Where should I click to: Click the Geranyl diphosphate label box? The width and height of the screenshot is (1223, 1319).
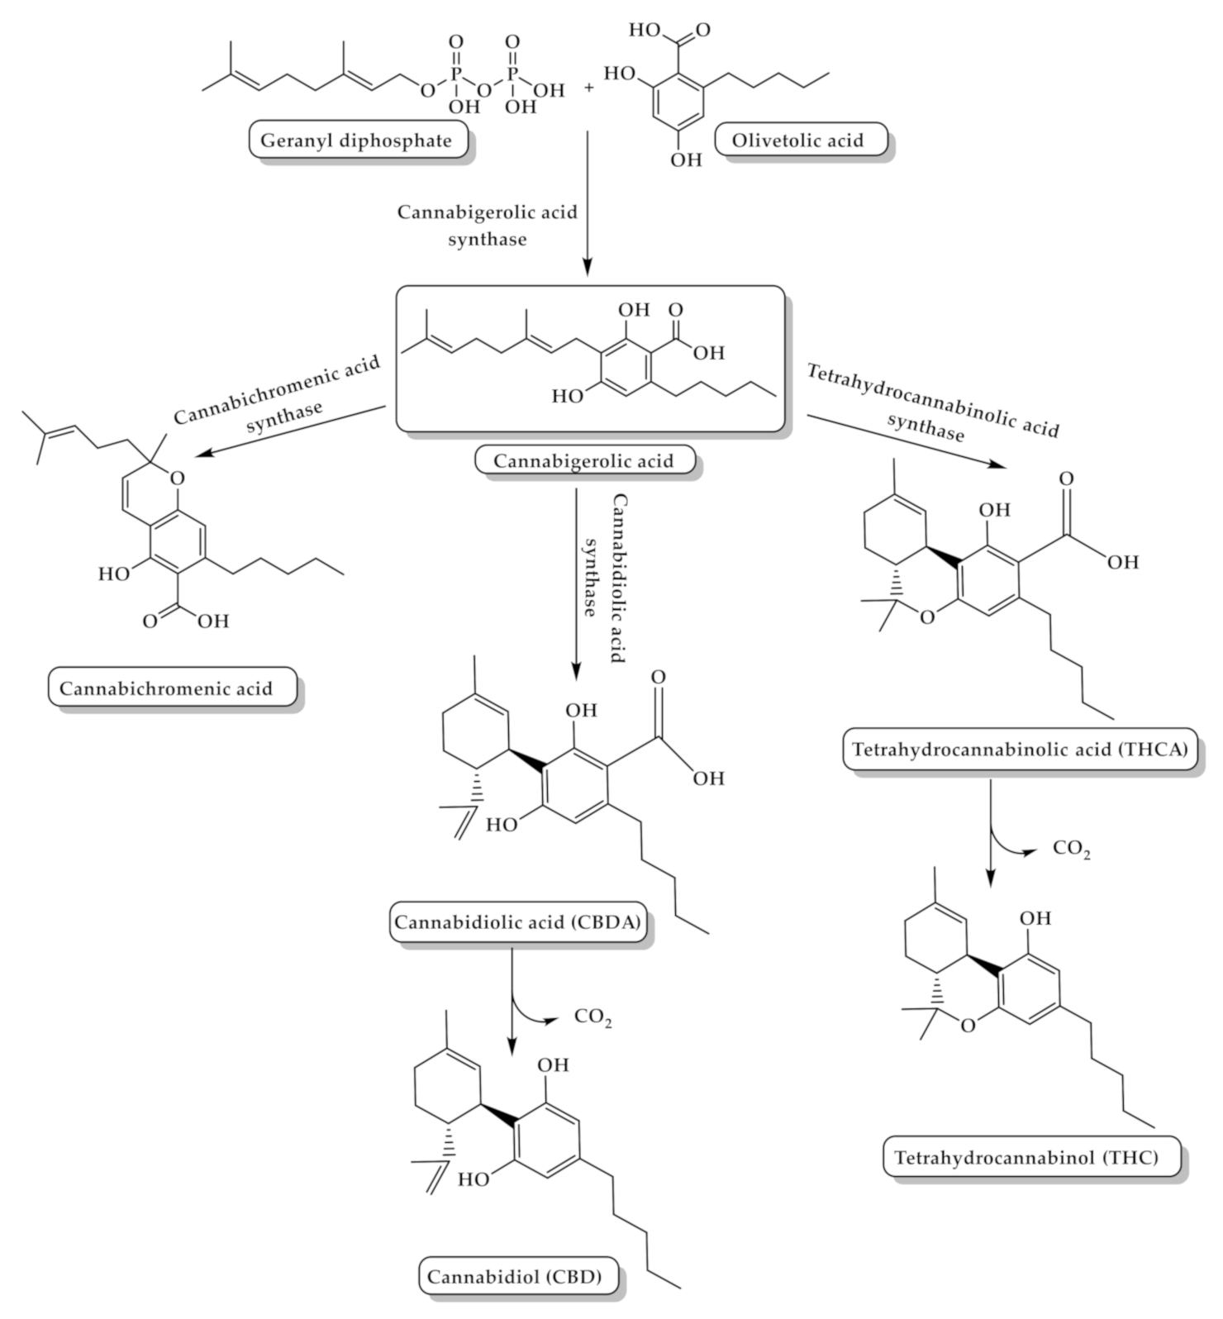click(356, 140)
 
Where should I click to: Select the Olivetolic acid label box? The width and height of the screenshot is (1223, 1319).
click(797, 140)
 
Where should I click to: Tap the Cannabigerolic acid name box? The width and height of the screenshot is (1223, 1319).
click(583, 461)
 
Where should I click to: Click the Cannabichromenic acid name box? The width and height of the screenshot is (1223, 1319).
click(166, 688)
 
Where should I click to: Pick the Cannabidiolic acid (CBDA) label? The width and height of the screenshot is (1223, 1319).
click(517, 922)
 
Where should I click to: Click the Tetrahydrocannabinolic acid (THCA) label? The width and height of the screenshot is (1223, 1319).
click(1020, 750)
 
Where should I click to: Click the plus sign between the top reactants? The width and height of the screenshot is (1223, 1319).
click(589, 86)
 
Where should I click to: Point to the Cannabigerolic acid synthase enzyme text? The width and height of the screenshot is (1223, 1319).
click(488, 225)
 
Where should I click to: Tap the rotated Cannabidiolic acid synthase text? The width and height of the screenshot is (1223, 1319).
click(604, 579)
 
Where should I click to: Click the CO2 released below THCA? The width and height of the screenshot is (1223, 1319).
click(1071, 849)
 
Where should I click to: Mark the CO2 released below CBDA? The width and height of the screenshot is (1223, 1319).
click(593, 1018)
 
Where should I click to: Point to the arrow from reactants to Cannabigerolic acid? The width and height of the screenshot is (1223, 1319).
click(587, 202)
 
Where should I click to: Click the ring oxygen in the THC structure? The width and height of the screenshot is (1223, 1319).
click(968, 1026)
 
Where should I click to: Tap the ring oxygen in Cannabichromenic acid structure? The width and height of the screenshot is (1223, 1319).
click(179, 477)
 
